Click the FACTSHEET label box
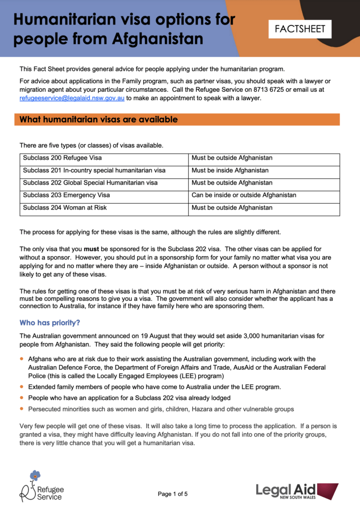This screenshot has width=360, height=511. pyautogui.click(x=300, y=29)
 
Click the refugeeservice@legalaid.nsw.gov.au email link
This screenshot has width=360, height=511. pyautogui.click(x=72, y=98)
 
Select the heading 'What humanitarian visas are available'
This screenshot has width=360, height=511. pyautogui.click(x=98, y=120)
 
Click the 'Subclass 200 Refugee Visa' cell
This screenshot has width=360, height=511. pyautogui.click(x=62, y=158)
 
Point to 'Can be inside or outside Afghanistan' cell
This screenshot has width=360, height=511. pyautogui.click(x=244, y=195)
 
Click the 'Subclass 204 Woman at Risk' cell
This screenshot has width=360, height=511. pyautogui.click(x=65, y=208)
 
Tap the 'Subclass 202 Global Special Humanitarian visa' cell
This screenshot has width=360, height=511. pyautogui.click(x=90, y=183)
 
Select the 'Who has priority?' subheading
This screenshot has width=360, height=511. pyautogui.click(x=49, y=323)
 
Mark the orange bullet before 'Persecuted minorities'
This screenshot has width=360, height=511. pyautogui.click(x=21, y=409)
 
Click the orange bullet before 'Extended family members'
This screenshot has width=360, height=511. pyautogui.click(x=21, y=386)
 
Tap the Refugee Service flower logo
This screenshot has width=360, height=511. pyautogui.click(x=34, y=475)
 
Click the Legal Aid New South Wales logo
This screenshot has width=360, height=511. pyautogui.click(x=297, y=490)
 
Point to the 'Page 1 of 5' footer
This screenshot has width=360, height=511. pyautogui.click(x=173, y=494)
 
